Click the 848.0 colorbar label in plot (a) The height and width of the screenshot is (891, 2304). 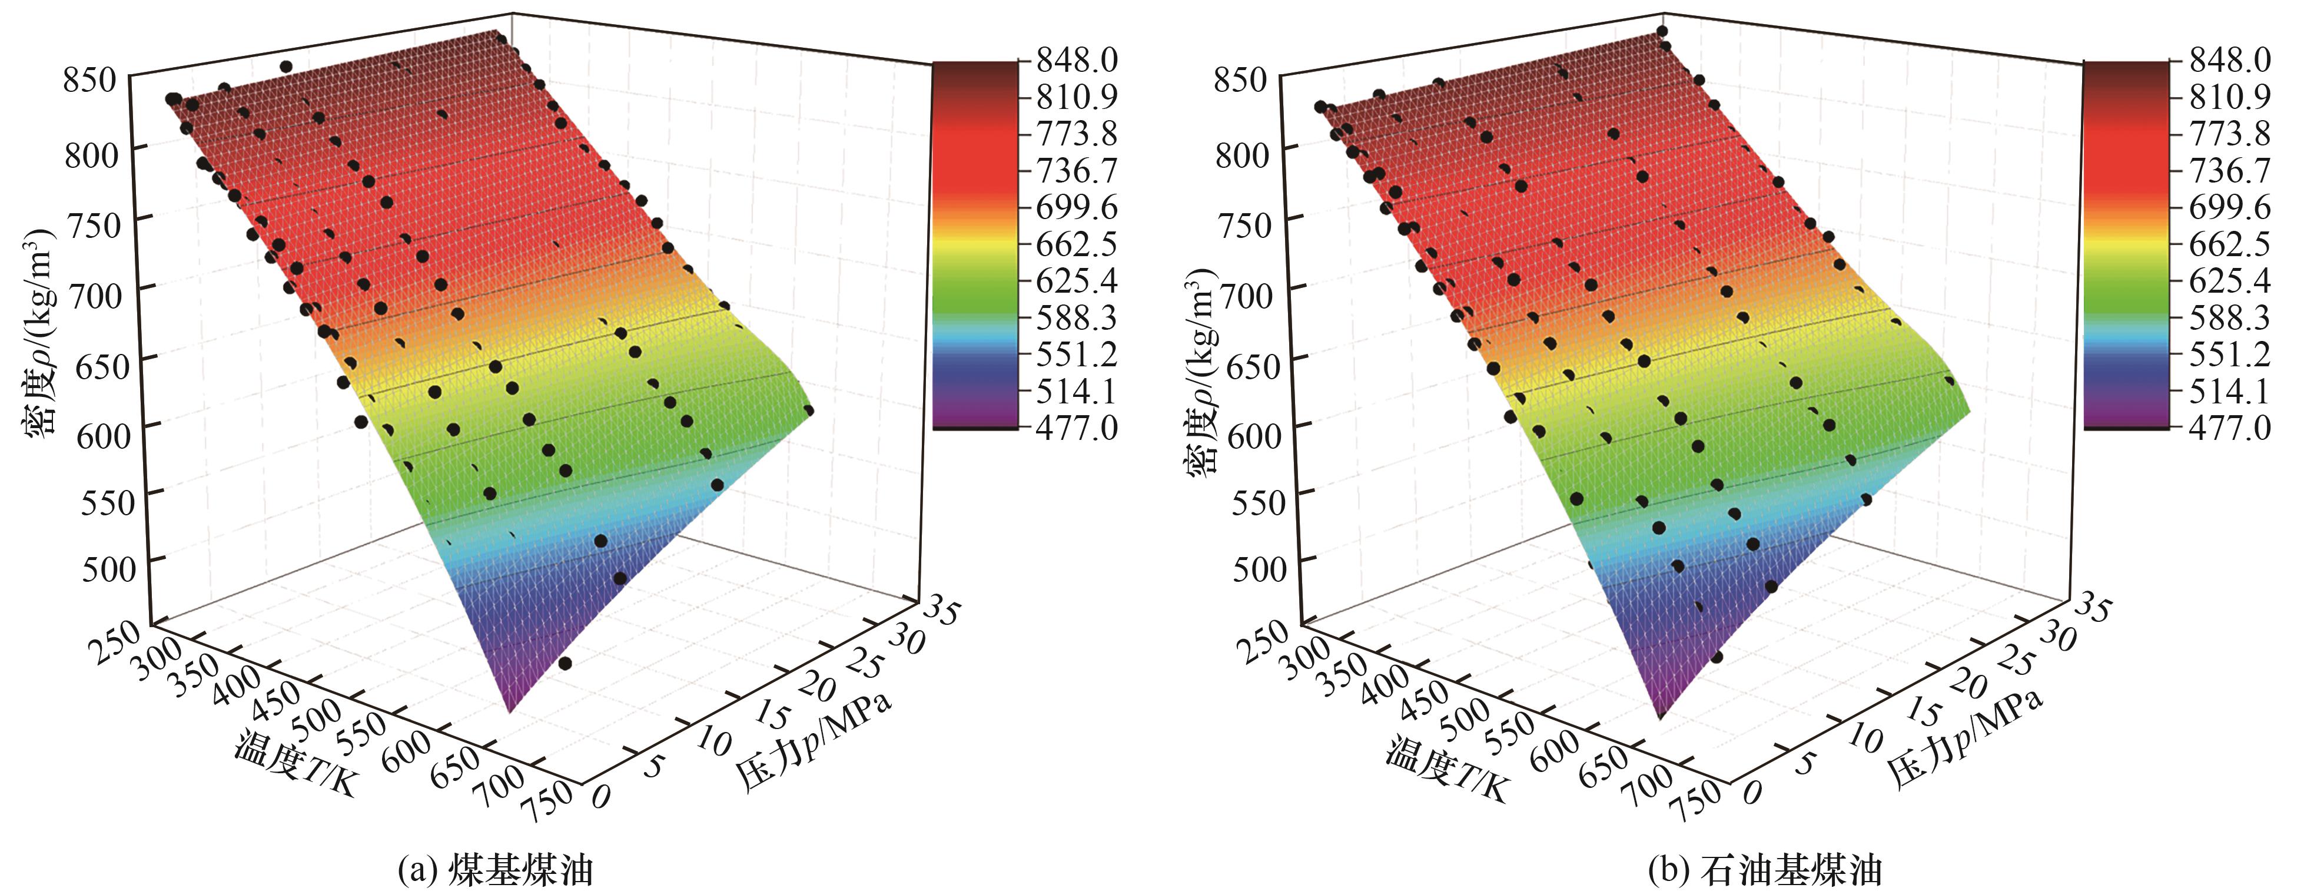pos(1076,60)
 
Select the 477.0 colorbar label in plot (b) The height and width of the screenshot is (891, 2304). pos(2229,428)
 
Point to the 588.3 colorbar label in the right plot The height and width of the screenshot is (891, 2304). pos(2229,317)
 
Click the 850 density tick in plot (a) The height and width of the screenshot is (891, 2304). pos(90,80)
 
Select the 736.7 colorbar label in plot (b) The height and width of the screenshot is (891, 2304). pos(2229,170)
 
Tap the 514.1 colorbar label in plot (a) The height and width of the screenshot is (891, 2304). pos(1076,391)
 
